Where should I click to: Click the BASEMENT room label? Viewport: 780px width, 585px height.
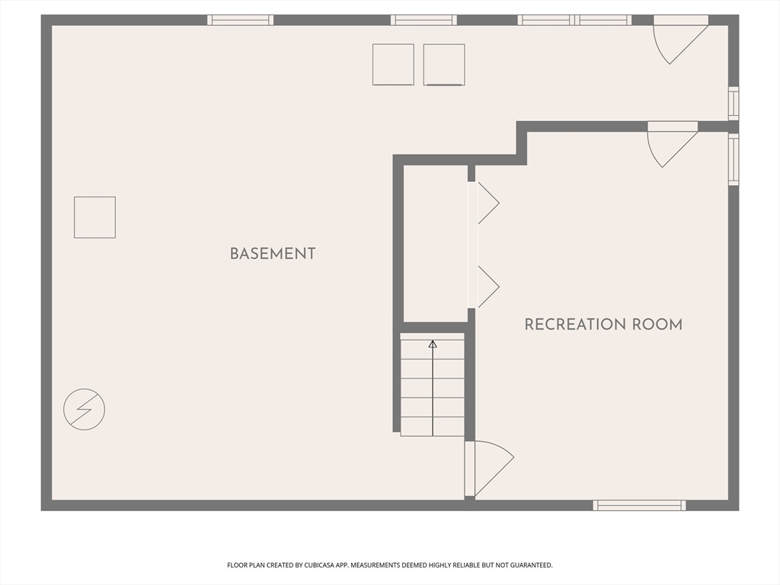click(x=273, y=254)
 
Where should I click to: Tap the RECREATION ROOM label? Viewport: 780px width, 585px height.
click(x=603, y=324)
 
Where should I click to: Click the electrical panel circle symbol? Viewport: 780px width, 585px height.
click(x=84, y=409)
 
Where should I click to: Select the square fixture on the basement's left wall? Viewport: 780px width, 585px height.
click(x=94, y=217)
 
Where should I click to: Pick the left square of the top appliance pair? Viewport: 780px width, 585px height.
click(x=393, y=64)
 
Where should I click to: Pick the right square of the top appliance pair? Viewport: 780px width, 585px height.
click(x=444, y=64)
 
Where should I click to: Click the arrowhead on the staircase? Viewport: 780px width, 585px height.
click(x=433, y=344)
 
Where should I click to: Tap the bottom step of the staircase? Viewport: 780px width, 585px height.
click(x=433, y=427)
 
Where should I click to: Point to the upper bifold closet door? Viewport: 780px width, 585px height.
click(x=485, y=203)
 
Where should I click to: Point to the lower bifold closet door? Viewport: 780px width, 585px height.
click(x=485, y=287)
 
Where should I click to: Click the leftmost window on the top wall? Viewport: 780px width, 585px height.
click(x=240, y=20)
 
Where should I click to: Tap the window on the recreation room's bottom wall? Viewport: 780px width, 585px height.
click(x=640, y=505)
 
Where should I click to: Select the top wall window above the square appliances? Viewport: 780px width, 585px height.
click(x=424, y=20)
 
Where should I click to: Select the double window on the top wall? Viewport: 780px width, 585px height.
click(x=574, y=20)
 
